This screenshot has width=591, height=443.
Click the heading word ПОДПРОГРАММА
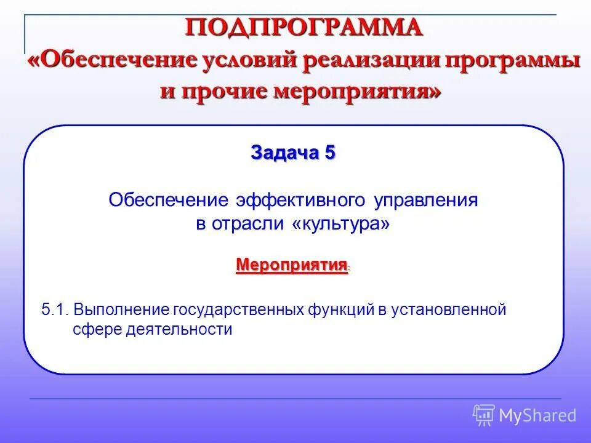[x=305, y=28]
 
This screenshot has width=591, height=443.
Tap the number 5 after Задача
[x=330, y=153]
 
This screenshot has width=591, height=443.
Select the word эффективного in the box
[x=302, y=201]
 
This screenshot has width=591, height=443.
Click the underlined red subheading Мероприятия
[x=291, y=265]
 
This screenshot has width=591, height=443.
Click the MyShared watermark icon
[x=484, y=415]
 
